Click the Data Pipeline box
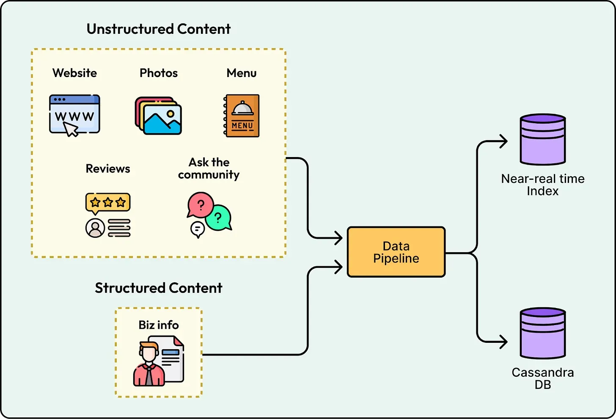[x=396, y=252]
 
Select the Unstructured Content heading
[x=159, y=29]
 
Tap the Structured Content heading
[x=159, y=288]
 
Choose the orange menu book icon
[x=242, y=116]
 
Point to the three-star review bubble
[x=108, y=202]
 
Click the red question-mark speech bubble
[x=200, y=205]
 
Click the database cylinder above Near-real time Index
[x=543, y=139]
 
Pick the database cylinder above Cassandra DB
[x=543, y=333]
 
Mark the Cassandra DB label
[x=543, y=378]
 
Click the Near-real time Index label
[x=543, y=185]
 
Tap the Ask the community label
[x=209, y=168]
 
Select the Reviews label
[x=108, y=168]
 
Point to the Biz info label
[x=159, y=325]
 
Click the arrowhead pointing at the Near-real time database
[x=503, y=141]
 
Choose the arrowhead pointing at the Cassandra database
[x=503, y=342]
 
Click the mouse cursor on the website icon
[x=71, y=129]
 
